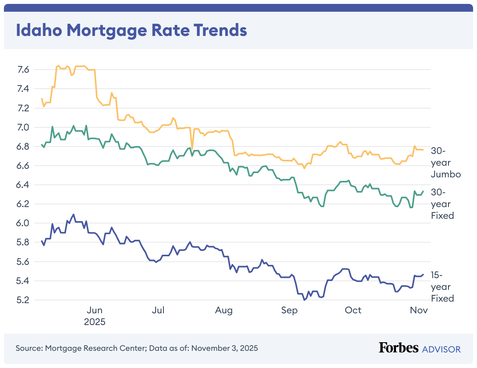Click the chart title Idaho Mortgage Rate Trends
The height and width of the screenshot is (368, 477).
[131, 30]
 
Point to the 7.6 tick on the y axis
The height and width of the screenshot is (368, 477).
[23, 70]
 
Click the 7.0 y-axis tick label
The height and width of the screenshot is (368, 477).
[23, 127]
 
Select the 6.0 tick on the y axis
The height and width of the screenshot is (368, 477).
[23, 223]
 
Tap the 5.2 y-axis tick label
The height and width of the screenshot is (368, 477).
[23, 300]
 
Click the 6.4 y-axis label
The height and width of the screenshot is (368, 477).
[23, 185]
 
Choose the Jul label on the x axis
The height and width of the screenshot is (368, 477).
[158, 311]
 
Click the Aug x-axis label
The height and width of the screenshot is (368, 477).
[224, 311]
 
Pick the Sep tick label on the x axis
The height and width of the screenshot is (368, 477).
[289, 311]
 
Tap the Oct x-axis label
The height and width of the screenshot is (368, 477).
[353, 311]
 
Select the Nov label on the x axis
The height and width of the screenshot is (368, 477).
[419, 311]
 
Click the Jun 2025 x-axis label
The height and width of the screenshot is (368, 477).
[95, 316]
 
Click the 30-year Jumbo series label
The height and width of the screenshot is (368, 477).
[445, 163]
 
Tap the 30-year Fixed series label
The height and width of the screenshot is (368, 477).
[442, 204]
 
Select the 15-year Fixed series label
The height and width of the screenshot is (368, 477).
[442, 287]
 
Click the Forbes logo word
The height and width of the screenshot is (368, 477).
[398, 348]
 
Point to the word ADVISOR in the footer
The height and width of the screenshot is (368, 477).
[441, 349]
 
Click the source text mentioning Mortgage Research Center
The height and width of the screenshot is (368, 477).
[136, 348]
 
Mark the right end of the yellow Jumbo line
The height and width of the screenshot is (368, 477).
[423, 150]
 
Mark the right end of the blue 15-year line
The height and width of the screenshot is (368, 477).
[423, 274]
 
